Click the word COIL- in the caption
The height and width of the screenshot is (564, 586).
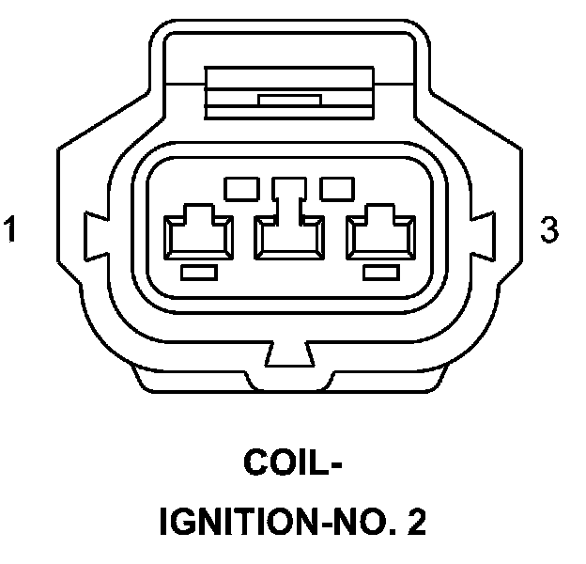coord(292,462)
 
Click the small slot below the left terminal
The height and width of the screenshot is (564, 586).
coord(198,272)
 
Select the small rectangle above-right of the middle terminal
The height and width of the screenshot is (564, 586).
coord(336,188)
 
